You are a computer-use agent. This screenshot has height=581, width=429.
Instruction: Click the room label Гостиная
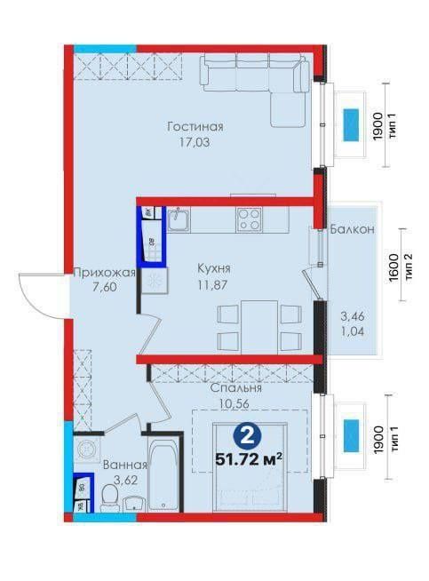195,126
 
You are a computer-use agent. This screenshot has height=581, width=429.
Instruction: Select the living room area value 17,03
195,140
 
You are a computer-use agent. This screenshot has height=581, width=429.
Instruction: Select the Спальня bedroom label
235,388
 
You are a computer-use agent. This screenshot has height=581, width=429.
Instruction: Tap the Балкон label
351,229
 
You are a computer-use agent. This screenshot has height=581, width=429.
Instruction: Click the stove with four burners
248,219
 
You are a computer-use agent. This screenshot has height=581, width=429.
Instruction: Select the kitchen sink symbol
179,219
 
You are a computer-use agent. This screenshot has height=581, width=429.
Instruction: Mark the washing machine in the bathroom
87,450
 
